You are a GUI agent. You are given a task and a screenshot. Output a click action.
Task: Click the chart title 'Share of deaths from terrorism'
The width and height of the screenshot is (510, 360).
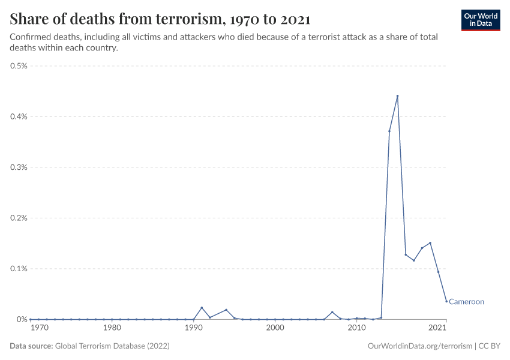tap(160, 19)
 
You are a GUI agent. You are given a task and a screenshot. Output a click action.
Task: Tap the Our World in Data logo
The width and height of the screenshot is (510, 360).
tap(480, 19)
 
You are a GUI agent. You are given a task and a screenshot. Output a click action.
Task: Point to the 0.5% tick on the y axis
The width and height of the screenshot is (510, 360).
tap(19, 66)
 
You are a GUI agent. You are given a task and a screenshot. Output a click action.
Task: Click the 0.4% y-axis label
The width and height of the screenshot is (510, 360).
tap(19, 116)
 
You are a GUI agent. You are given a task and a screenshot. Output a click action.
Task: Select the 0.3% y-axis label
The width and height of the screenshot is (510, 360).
tap(19, 167)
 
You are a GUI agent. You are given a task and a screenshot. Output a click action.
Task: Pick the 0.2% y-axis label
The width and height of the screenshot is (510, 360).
tap(19, 218)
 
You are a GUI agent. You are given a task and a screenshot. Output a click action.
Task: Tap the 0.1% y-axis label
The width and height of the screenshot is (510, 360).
tap(19, 269)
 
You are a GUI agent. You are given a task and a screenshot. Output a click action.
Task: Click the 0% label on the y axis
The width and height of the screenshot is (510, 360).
tap(23, 319)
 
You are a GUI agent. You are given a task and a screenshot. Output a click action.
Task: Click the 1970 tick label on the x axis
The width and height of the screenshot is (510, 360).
tap(39, 328)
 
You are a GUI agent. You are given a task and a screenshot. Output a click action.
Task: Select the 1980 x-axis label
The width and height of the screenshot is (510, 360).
tap(112, 328)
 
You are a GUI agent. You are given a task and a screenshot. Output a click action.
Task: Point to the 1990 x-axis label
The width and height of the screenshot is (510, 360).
tap(193, 328)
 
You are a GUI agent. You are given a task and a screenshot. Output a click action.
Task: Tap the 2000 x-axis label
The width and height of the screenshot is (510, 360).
tap(275, 328)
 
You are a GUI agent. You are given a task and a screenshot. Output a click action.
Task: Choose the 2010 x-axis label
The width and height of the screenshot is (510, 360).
tap(356, 328)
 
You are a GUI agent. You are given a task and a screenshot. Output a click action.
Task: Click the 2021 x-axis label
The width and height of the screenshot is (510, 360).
tap(437, 328)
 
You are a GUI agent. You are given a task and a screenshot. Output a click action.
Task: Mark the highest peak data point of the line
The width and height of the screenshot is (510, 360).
tap(397, 96)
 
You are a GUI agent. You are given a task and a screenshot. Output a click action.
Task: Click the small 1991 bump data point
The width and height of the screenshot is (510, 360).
tap(202, 308)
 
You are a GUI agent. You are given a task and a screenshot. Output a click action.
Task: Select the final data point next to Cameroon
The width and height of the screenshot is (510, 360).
tap(446, 301)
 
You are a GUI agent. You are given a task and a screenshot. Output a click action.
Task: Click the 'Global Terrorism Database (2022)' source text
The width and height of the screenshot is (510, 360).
tap(112, 346)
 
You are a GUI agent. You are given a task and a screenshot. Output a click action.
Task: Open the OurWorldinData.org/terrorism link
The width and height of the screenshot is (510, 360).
tap(418, 346)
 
